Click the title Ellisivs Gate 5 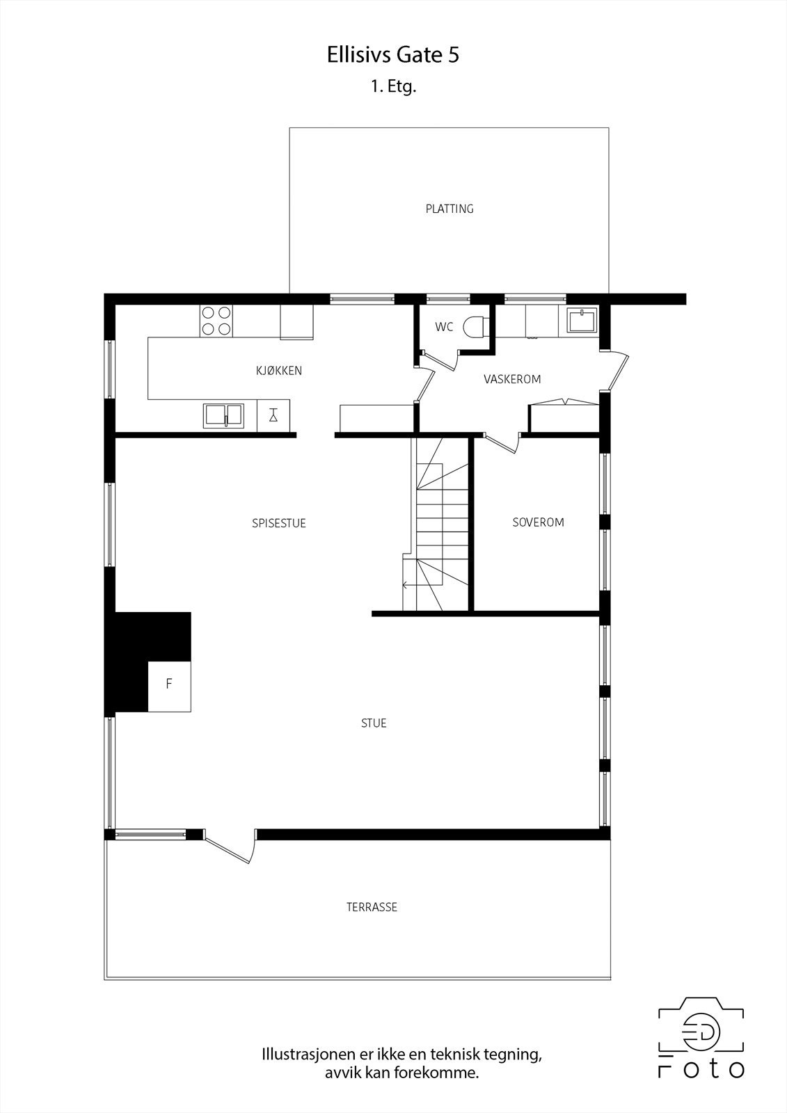tap(393, 55)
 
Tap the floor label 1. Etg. tap(393, 87)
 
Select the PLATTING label tap(450, 209)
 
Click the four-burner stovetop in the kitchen tap(216, 321)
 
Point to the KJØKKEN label tap(279, 371)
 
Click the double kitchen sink tap(223, 415)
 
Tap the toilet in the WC tap(476, 326)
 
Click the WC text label tap(444, 327)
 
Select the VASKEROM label tap(512, 379)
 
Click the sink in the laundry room tap(582, 321)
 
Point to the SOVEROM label tap(538, 522)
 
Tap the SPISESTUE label tap(279, 523)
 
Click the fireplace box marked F tap(169, 685)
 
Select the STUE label tap(374, 723)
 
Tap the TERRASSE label tap(372, 907)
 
